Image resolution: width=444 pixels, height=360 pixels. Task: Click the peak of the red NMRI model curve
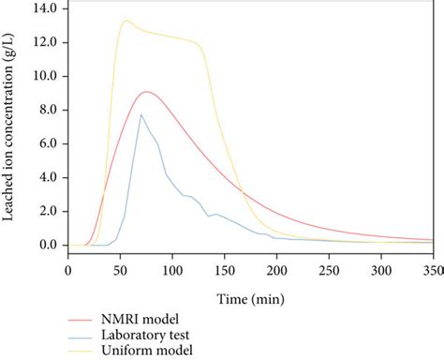coord(146,92)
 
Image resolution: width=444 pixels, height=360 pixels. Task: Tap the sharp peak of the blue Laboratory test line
coord(141,114)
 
